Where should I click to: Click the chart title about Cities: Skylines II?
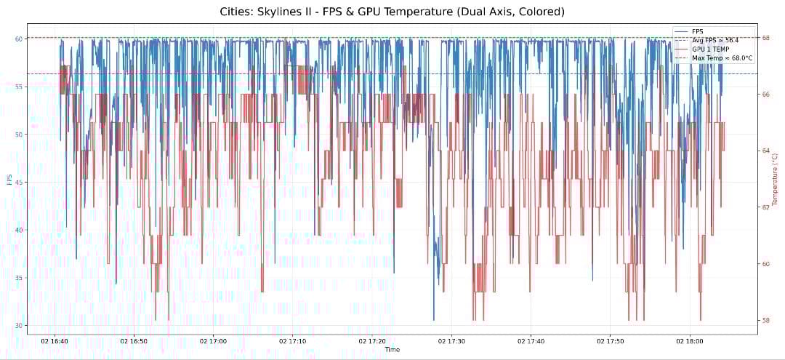point(392,12)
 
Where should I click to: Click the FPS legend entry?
point(698,31)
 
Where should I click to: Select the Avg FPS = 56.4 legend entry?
point(714,40)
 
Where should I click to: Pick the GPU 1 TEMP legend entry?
point(712,49)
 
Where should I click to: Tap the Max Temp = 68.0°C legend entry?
point(722,57)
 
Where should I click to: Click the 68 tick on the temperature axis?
point(766,38)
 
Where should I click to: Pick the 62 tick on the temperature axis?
point(766,207)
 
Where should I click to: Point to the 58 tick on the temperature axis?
point(766,320)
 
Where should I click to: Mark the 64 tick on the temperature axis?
point(766,151)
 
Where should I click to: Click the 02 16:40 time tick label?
point(55,340)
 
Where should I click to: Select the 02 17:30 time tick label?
point(452,340)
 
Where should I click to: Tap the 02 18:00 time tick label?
point(689,340)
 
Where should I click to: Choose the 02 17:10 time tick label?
point(292,340)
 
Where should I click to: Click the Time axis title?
point(392,350)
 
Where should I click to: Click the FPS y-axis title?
point(8,180)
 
